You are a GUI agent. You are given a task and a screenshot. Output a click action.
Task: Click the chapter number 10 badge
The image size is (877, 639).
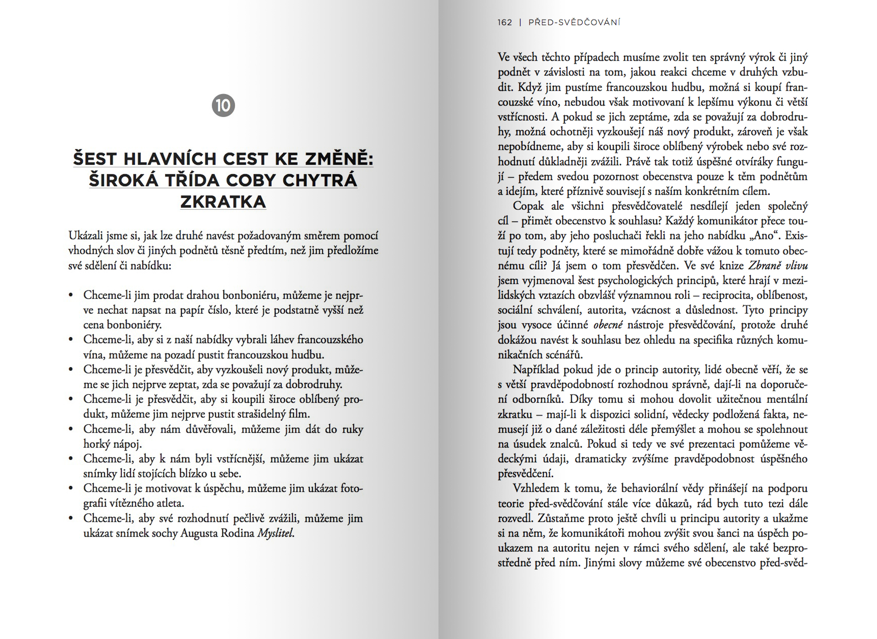click(x=223, y=105)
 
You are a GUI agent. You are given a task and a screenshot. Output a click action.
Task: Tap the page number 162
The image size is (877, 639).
click(x=505, y=22)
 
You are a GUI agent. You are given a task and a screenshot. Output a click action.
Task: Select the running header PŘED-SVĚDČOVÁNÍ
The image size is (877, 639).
click(x=574, y=22)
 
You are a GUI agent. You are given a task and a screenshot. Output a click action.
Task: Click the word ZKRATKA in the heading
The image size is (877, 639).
click(x=223, y=202)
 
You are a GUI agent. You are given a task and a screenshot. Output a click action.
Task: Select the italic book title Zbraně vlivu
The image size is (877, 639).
click(x=778, y=266)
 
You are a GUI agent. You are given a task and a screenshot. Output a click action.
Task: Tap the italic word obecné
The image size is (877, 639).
click(x=608, y=325)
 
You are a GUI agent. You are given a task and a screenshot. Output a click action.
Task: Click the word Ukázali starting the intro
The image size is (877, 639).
click(x=87, y=236)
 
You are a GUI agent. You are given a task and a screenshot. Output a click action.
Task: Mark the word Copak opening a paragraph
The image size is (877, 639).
click(x=528, y=206)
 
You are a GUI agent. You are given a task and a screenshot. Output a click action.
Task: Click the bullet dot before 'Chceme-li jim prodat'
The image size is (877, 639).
click(x=71, y=296)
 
